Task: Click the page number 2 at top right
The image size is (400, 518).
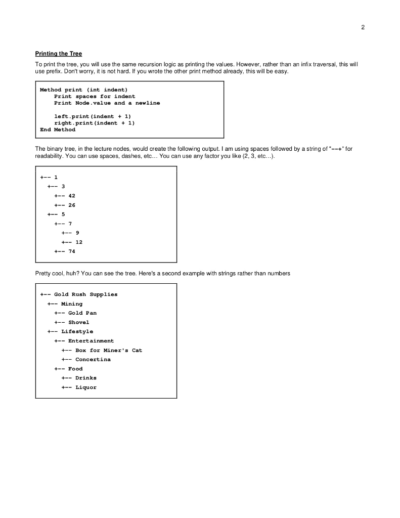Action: (x=363, y=27)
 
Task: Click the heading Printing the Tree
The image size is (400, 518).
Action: (x=58, y=54)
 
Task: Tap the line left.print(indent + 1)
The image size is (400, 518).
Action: (x=93, y=116)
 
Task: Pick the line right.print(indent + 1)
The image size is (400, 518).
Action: (x=94, y=123)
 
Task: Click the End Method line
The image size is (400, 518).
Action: (x=58, y=129)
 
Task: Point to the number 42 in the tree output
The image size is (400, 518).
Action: (x=72, y=195)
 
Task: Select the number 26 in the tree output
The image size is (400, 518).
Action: (x=72, y=205)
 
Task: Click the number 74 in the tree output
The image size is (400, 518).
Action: (x=72, y=251)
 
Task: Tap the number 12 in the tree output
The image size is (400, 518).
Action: (x=79, y=242)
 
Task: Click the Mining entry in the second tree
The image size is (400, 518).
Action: (x=72, y=304)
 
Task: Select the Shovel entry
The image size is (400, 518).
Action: (x=79, y=322)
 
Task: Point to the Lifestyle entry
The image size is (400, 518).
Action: (x=77, y=331)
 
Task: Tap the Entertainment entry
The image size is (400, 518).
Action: (x=91, y=341)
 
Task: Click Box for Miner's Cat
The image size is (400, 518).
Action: (x=109, y=350)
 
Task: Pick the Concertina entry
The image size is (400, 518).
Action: (x=93, y=360)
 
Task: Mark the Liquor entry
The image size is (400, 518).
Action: (x=86, y=387)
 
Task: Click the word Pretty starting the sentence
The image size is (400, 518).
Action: (x=43, y=273)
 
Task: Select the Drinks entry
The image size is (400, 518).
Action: (x=86, y=378)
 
